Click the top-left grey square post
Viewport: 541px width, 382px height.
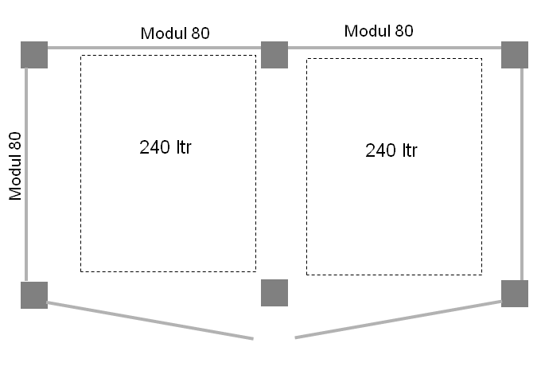34,55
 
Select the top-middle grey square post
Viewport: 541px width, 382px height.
274,55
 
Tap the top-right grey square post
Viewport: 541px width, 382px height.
515,55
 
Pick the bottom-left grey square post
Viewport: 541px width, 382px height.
34,295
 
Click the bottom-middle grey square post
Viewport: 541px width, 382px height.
274,293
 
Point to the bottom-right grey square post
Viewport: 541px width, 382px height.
515,294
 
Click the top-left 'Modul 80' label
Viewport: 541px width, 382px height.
175,33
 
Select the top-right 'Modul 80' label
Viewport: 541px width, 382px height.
379,31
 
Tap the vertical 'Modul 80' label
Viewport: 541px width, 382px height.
16,166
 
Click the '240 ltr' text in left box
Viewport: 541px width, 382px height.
165,147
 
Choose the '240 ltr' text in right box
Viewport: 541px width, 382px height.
391,150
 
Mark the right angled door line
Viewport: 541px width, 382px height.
398,320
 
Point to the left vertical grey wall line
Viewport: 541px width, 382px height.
26,175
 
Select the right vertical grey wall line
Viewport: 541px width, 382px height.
523,175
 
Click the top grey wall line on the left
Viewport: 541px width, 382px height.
154,48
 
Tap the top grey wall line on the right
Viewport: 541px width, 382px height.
395,48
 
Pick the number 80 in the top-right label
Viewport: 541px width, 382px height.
403,31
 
